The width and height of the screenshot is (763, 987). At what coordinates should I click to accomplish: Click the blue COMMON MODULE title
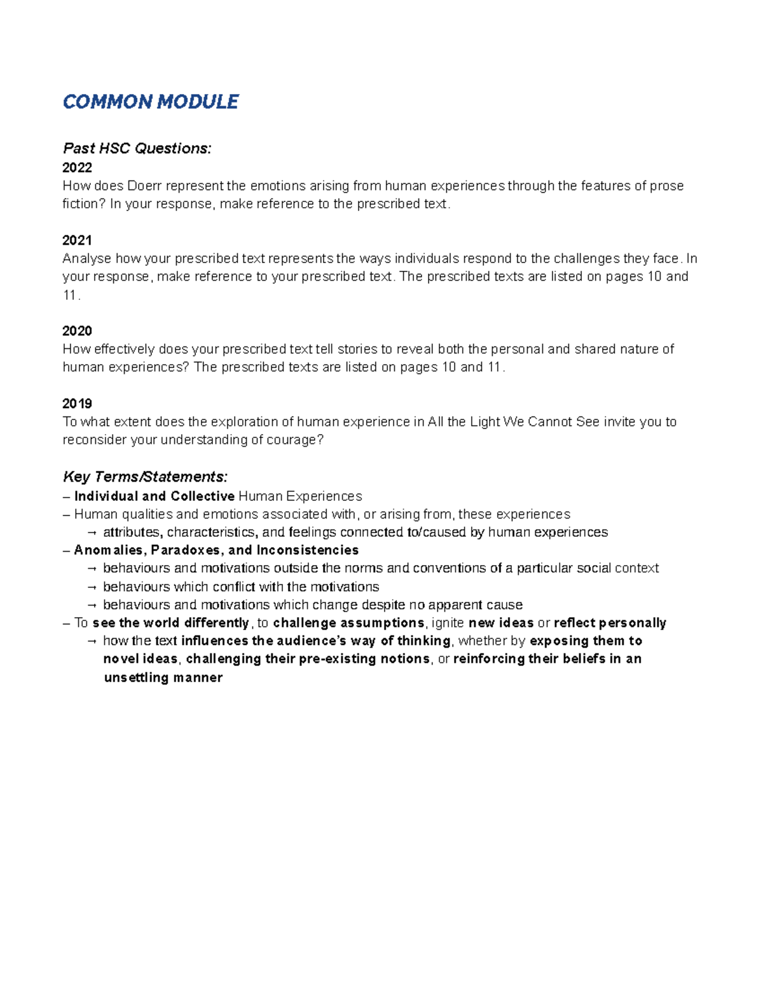click(x=151, y=102)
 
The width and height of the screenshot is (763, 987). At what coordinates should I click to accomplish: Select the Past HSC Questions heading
click(x=137, y=149)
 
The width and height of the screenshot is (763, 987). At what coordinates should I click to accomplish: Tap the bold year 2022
click(x=77, y=168)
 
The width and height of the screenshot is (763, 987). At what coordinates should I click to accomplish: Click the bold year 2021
click(x=77, y=240)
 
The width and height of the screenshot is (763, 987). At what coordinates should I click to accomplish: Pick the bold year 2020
click(x=77, y=331)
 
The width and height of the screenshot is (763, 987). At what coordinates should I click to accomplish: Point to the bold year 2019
click(x=77, y=404)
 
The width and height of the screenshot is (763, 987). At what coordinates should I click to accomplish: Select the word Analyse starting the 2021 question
click(x=87, y=259)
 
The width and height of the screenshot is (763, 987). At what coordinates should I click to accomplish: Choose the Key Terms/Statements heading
click(x=145, y=477)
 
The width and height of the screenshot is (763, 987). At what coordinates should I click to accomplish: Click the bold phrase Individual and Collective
click(x=155, y=496)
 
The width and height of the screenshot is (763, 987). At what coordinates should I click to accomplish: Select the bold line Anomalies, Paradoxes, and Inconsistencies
click(x=216, y=550)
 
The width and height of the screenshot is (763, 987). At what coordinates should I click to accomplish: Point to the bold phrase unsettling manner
click(x=163, y=678)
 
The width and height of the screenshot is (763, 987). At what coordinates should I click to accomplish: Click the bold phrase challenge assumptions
click(x=348, y=623)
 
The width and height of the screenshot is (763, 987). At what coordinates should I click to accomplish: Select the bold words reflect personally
click(x=610, y=623)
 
